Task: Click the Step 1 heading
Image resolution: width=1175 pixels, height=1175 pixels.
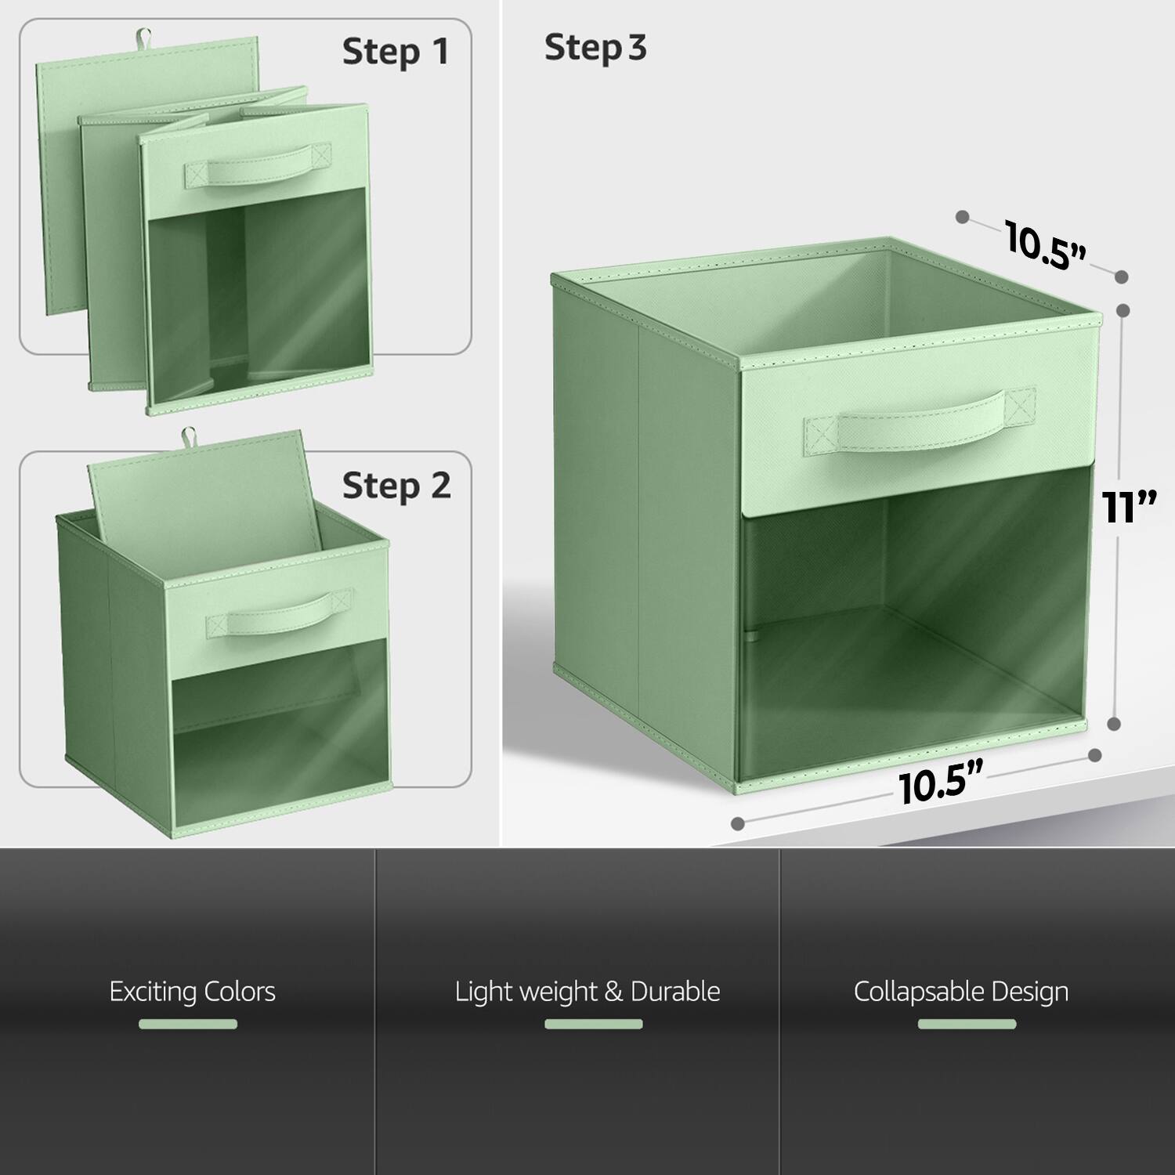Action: tap(396, 52)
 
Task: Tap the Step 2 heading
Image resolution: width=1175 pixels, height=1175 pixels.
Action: tap(396, 486)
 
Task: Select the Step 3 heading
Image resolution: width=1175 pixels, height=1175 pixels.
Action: tap(595, 48)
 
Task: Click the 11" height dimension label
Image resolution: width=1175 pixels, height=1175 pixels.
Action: tap(1129, 507)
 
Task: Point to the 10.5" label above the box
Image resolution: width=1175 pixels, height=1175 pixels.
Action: tap(1045, 246)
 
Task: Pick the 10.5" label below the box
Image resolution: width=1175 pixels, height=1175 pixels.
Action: tap(940, 784)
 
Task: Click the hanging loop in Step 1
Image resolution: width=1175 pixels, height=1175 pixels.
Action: tap(143, 36)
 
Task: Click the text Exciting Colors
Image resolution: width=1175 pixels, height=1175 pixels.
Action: tap(192, 992)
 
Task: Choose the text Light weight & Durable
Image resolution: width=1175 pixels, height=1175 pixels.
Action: tap(587, 992)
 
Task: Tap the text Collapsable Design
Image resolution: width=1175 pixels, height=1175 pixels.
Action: tap(961, 992)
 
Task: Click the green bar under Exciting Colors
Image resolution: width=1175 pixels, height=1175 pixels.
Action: tap(188, 1024)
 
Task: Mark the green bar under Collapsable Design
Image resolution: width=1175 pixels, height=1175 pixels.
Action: tap(967, 1024)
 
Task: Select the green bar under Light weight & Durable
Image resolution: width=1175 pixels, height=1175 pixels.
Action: tap(594, 1024)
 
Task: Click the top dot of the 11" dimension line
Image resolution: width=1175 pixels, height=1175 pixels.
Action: tap(1123, 310)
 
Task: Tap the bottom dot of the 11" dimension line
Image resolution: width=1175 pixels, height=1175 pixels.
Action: tap(1115, 725)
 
